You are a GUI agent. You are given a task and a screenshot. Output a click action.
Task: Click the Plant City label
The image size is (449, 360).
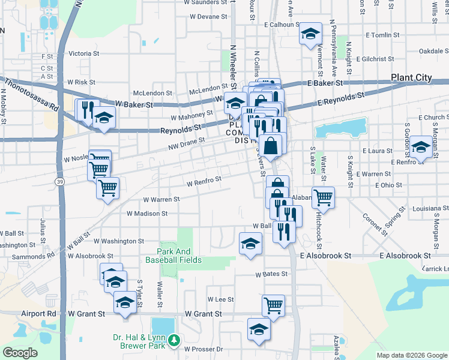coord(411,77)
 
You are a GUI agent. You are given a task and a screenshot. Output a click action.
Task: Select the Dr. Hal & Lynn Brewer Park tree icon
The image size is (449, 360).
coord(174,341)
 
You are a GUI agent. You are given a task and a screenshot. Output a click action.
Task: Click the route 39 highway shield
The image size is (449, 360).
coord(60,181)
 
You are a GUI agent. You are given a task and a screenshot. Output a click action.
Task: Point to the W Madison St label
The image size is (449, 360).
coord(147,214)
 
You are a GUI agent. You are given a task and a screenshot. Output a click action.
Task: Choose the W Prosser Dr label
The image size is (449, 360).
coord(203,349)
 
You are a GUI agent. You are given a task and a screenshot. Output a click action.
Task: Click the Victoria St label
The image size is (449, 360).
coord(84,53)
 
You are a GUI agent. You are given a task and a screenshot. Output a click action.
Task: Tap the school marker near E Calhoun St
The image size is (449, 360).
coord(310,34)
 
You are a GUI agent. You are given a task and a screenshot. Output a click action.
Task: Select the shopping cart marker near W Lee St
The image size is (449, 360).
coord(273,305)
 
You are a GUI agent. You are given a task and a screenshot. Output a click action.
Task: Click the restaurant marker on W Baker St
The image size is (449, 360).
coord(86,109)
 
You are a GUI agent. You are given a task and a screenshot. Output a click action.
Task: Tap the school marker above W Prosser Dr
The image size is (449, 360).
coord(259,329)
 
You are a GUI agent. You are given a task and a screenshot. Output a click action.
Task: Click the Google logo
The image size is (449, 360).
coord(20,353)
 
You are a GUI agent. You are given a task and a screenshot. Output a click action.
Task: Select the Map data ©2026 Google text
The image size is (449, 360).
coord(411,355)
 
